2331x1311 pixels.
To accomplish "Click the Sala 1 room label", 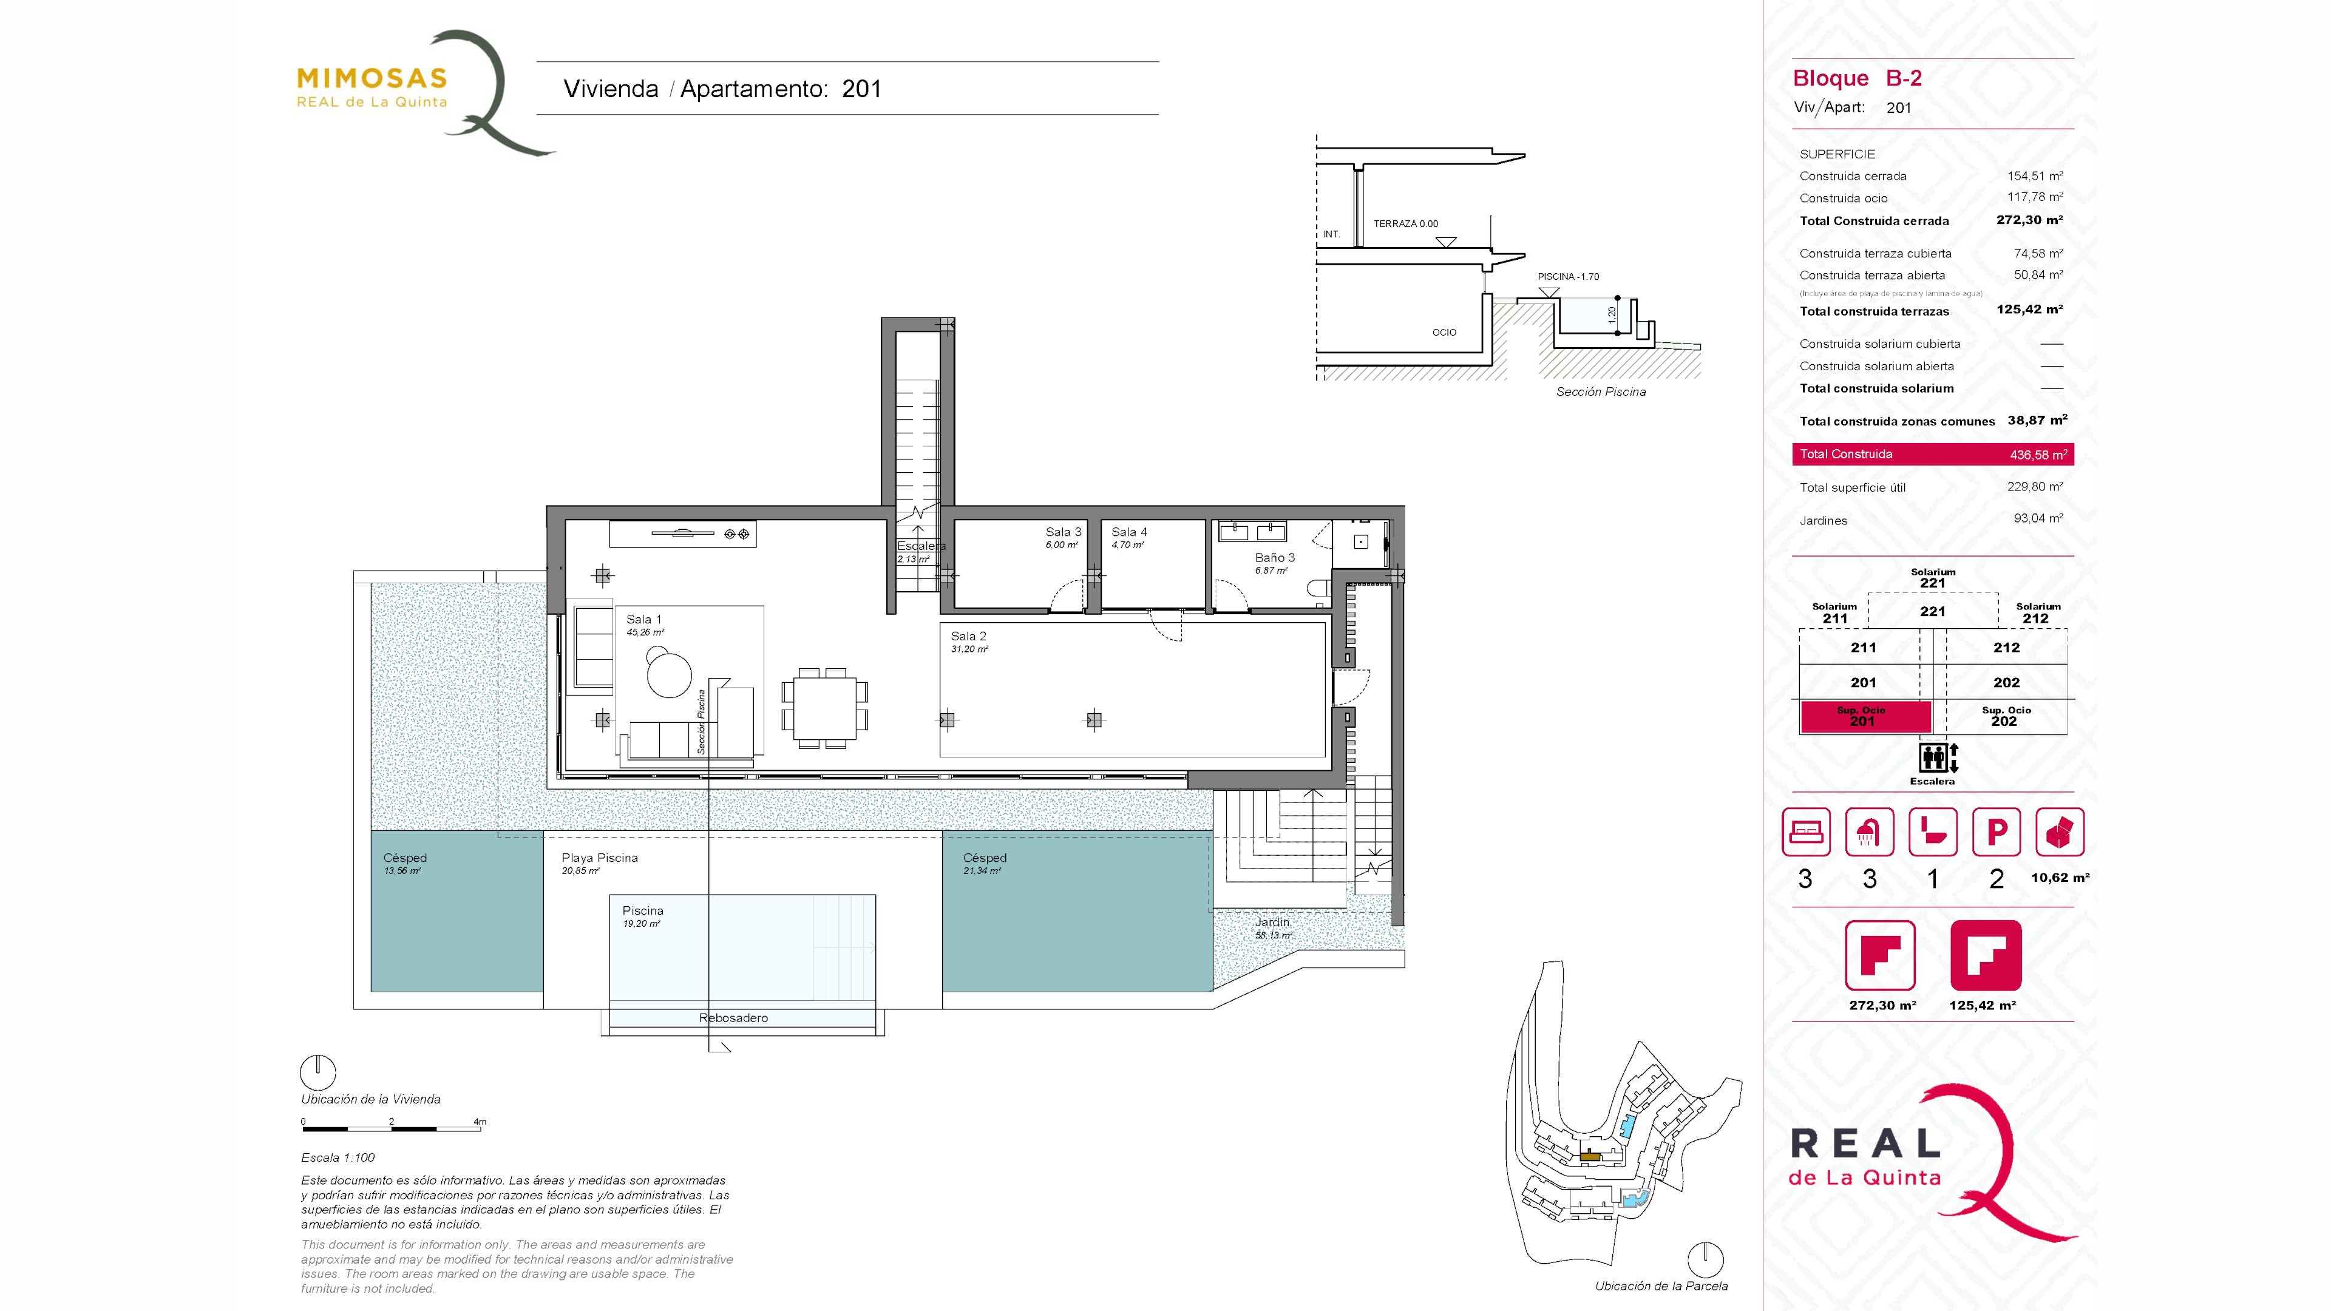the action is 643,620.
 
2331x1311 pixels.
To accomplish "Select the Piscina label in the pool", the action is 642,911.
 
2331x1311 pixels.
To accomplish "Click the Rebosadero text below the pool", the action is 733,1018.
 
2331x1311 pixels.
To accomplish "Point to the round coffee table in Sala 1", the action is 669,675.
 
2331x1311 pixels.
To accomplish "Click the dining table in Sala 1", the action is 824,708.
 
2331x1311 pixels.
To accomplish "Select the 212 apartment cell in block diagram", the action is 2006,648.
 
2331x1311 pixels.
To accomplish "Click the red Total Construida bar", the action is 1933,454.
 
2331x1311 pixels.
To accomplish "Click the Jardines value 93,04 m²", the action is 2038,518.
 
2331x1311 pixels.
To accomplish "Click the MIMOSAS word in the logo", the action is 372,79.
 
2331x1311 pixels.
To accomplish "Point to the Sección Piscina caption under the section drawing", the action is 1601,391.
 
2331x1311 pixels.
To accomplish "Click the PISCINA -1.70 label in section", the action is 1568,277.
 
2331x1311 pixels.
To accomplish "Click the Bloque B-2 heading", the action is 1857,79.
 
